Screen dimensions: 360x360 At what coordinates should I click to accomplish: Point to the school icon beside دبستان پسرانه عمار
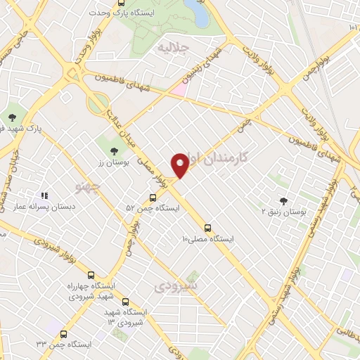44,196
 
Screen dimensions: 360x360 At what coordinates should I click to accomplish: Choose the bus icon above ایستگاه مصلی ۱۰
207,227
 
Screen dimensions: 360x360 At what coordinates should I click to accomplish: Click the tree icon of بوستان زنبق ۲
283,200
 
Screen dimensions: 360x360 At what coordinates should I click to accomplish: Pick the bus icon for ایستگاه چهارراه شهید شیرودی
91,275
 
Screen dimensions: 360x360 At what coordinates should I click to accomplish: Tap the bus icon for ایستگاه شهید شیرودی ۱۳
125,302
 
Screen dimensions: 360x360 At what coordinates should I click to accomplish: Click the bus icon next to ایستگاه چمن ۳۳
64,334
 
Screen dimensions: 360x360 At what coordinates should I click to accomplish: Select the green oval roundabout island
97,103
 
